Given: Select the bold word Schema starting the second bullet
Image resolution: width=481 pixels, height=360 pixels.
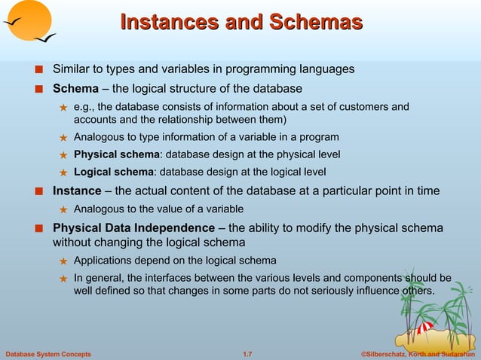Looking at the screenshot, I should [75, 88].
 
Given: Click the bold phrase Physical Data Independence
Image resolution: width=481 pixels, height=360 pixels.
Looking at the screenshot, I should [133, 227].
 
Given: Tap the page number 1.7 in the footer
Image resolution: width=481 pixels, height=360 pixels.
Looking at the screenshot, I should [246, 353].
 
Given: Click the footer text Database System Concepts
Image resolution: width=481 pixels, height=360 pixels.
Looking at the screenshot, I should [48, 353].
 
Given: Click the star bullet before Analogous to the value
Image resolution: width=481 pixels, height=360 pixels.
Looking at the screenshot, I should [64, 209].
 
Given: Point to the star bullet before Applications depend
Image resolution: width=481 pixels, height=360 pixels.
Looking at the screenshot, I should [64, 261].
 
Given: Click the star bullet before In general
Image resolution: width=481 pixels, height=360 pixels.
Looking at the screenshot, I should [64, 278].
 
